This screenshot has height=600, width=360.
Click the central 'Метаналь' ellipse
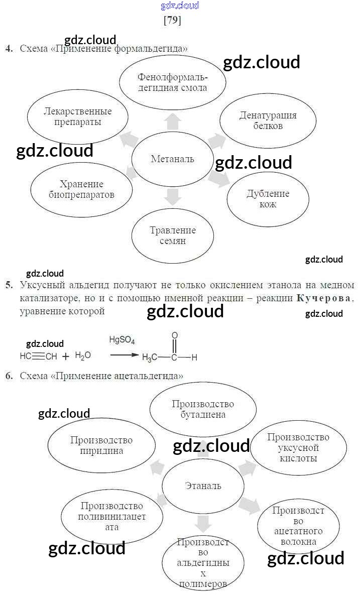(x=172, y=159)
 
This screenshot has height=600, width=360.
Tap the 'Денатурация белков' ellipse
(x=268, y=121)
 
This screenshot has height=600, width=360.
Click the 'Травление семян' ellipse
(x=172, y=235)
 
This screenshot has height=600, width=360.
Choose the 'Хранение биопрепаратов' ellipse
(x=81, y=189)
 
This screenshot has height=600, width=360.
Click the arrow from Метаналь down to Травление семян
(x=172, y=197)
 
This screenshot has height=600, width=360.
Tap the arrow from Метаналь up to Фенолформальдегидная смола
(x=172, y=121)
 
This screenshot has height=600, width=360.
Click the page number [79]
(x=172, y=21)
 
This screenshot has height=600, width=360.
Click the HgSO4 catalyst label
(x=122, y=340)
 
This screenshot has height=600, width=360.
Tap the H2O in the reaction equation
(x=83, y=355)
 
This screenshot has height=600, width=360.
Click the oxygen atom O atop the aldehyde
(x=174, y=335)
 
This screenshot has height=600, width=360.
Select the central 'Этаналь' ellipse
(x=203, y=486)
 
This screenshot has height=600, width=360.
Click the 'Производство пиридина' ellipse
(x=101, y=445)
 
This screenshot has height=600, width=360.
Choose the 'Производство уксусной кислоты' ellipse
(x=298, y=448)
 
